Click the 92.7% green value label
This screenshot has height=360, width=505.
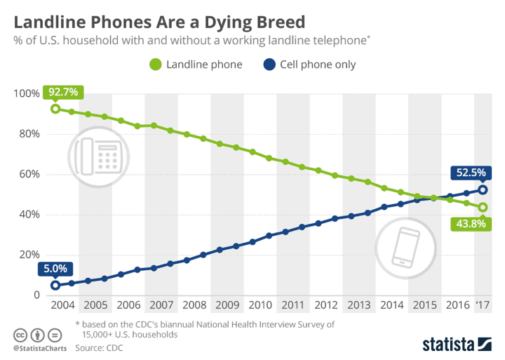pos(64,92)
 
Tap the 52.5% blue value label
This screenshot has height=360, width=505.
pos(471,172)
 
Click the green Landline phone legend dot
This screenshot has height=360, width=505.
pos(156,65)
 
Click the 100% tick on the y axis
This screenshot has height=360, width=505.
pos(25,94)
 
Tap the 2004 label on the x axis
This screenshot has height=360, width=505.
pos(62,306)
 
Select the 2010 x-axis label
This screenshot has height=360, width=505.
pos(260,306)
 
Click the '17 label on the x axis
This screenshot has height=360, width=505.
pos(483,306)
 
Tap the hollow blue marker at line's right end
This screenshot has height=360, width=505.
pos(483,189)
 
